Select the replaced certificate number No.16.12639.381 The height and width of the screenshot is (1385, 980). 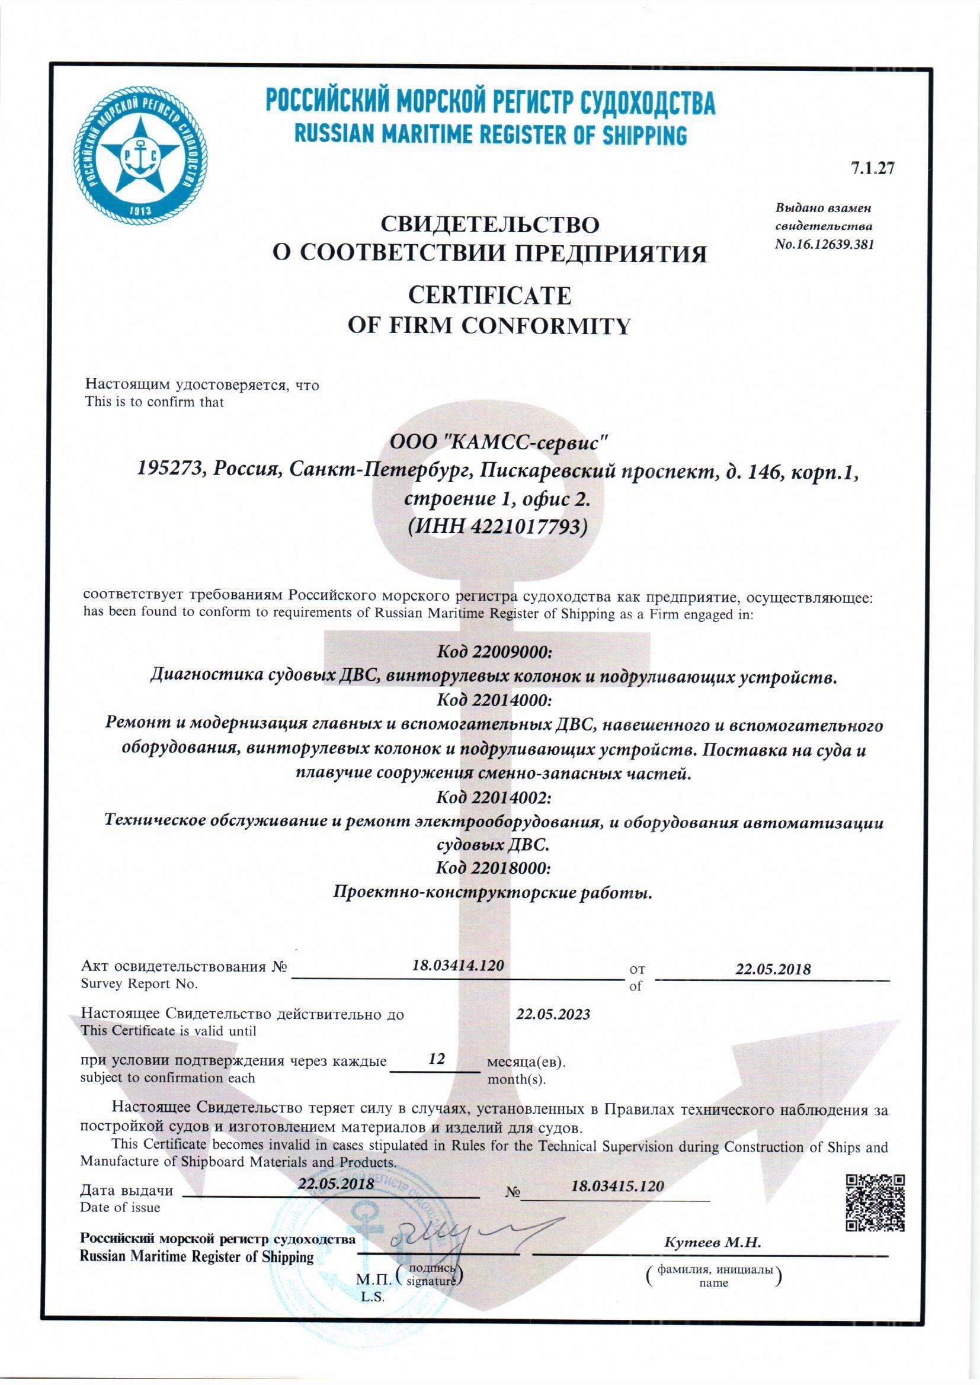825,245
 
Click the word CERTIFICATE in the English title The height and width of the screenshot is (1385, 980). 489,296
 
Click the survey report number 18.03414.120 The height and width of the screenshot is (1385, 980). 457,966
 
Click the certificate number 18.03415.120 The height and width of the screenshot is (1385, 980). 617,1186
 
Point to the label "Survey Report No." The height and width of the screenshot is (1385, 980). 139,984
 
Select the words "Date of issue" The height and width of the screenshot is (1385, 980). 120,1207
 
